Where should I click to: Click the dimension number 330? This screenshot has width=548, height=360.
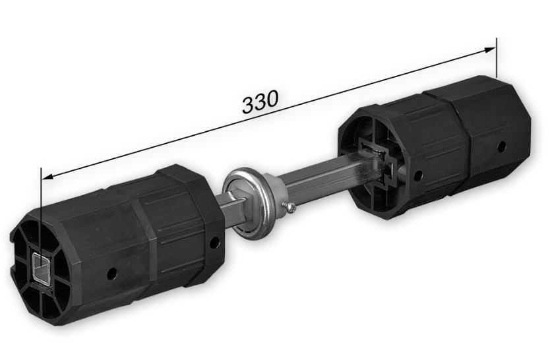click(x=260, y=102)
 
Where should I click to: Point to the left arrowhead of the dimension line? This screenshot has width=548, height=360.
click(x=47, y=177)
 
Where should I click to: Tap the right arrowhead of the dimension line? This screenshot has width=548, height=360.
click(x=489, y=49)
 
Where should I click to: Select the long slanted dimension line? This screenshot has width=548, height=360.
click(x=268, y=113)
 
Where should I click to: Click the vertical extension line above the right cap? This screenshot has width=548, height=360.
click(x=496, y=57)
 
